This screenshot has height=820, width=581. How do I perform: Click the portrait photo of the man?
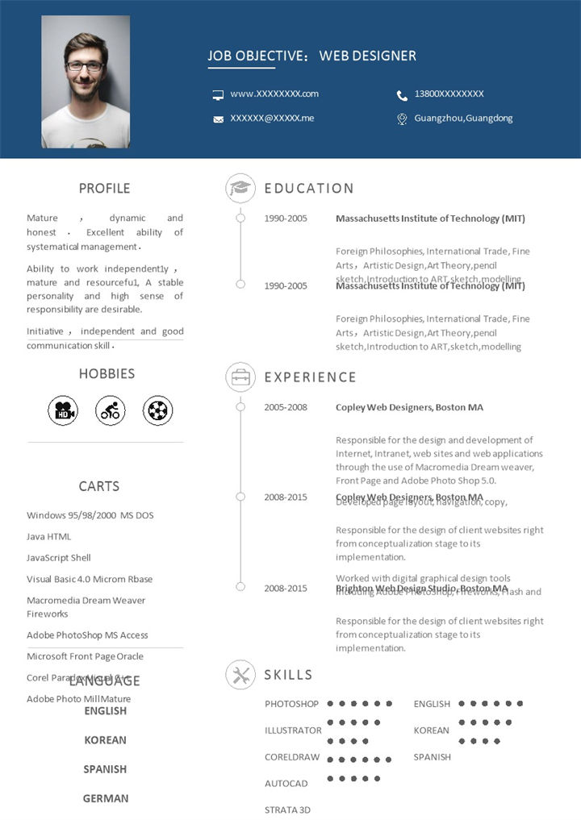pyautogui.click(x=86, y=81)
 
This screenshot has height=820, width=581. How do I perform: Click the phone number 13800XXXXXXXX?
pyautogui.click(x=449, y=94)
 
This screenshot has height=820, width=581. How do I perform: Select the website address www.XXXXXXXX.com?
pyautogui.click(x=274, y=94)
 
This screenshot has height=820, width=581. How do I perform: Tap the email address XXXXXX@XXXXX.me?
pyautogui.click(x=272, y=118)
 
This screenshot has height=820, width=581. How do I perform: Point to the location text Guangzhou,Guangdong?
pyautogui.click(x=463, y=118)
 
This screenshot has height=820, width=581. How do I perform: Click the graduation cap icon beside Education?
pyautogui.click(x=240, y=188)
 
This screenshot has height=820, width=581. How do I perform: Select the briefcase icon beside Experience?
pyautogui.click(x=240, y=377)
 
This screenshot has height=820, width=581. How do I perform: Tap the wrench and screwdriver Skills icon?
pyautogui.click(x=240, y=675)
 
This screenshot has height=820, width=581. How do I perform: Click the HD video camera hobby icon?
pyautogui.click(x=62, y=411)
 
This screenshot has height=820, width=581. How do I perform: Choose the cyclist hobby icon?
pyautogui.click(x=111, y=411)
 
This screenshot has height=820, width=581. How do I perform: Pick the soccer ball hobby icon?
pyautogui.click(x=158, y=411)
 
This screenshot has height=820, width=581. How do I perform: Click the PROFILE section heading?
pyautogui.click(x=104, y=189)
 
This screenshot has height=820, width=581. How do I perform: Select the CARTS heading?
pyautogui.click(x=99, y=486)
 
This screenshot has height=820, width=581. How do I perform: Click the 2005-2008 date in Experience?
pyautogui.click(x=286, y=407)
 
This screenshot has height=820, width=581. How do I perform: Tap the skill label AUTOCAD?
pyautogui.click(x=286, y=784)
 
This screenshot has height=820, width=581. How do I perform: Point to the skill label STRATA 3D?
pyautogui.click(x=287, y=810)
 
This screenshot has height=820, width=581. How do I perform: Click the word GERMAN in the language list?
pyautogui.click(x=106, y=798)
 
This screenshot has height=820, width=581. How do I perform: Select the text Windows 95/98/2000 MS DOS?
pyautogui.click(x=90, y=515)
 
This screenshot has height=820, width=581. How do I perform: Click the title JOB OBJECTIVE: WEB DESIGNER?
pyautogui.click(x=311, y=56)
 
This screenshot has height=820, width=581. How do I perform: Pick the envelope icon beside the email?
pyautogui.click(x=218, y=119)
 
